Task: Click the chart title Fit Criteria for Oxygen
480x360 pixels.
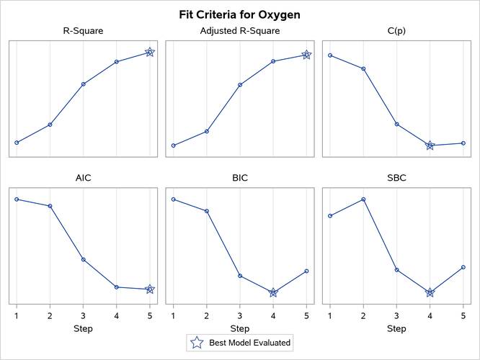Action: click(239, 14)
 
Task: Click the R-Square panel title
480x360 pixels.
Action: click(83, 31)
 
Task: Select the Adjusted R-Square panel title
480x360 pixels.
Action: click(239, 31)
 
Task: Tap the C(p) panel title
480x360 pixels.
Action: click(396, 31)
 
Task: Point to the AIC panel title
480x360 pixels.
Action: click(83, 178)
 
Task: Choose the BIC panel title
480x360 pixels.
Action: click(239, 178)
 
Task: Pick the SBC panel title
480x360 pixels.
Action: click(396, 178)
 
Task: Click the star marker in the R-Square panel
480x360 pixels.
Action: click(149, 53)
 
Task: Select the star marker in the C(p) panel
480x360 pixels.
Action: click(430, 145)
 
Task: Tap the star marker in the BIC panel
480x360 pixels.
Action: click(273, 292)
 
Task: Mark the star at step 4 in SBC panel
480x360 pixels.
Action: click(430, 292)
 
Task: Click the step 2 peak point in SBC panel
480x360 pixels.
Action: click(363, 199)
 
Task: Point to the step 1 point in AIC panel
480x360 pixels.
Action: click(17, 199)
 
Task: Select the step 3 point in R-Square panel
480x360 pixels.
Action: click(83, 84)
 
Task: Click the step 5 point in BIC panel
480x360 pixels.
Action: click(306, 271)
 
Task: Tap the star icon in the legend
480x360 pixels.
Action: click(195, 343)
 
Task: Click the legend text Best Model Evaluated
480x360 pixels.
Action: click(249, 343)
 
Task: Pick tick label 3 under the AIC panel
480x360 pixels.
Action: click(83, 315)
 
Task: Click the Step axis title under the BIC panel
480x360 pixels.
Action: click(239, 328)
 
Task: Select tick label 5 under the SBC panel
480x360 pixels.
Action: click(463, 315)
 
